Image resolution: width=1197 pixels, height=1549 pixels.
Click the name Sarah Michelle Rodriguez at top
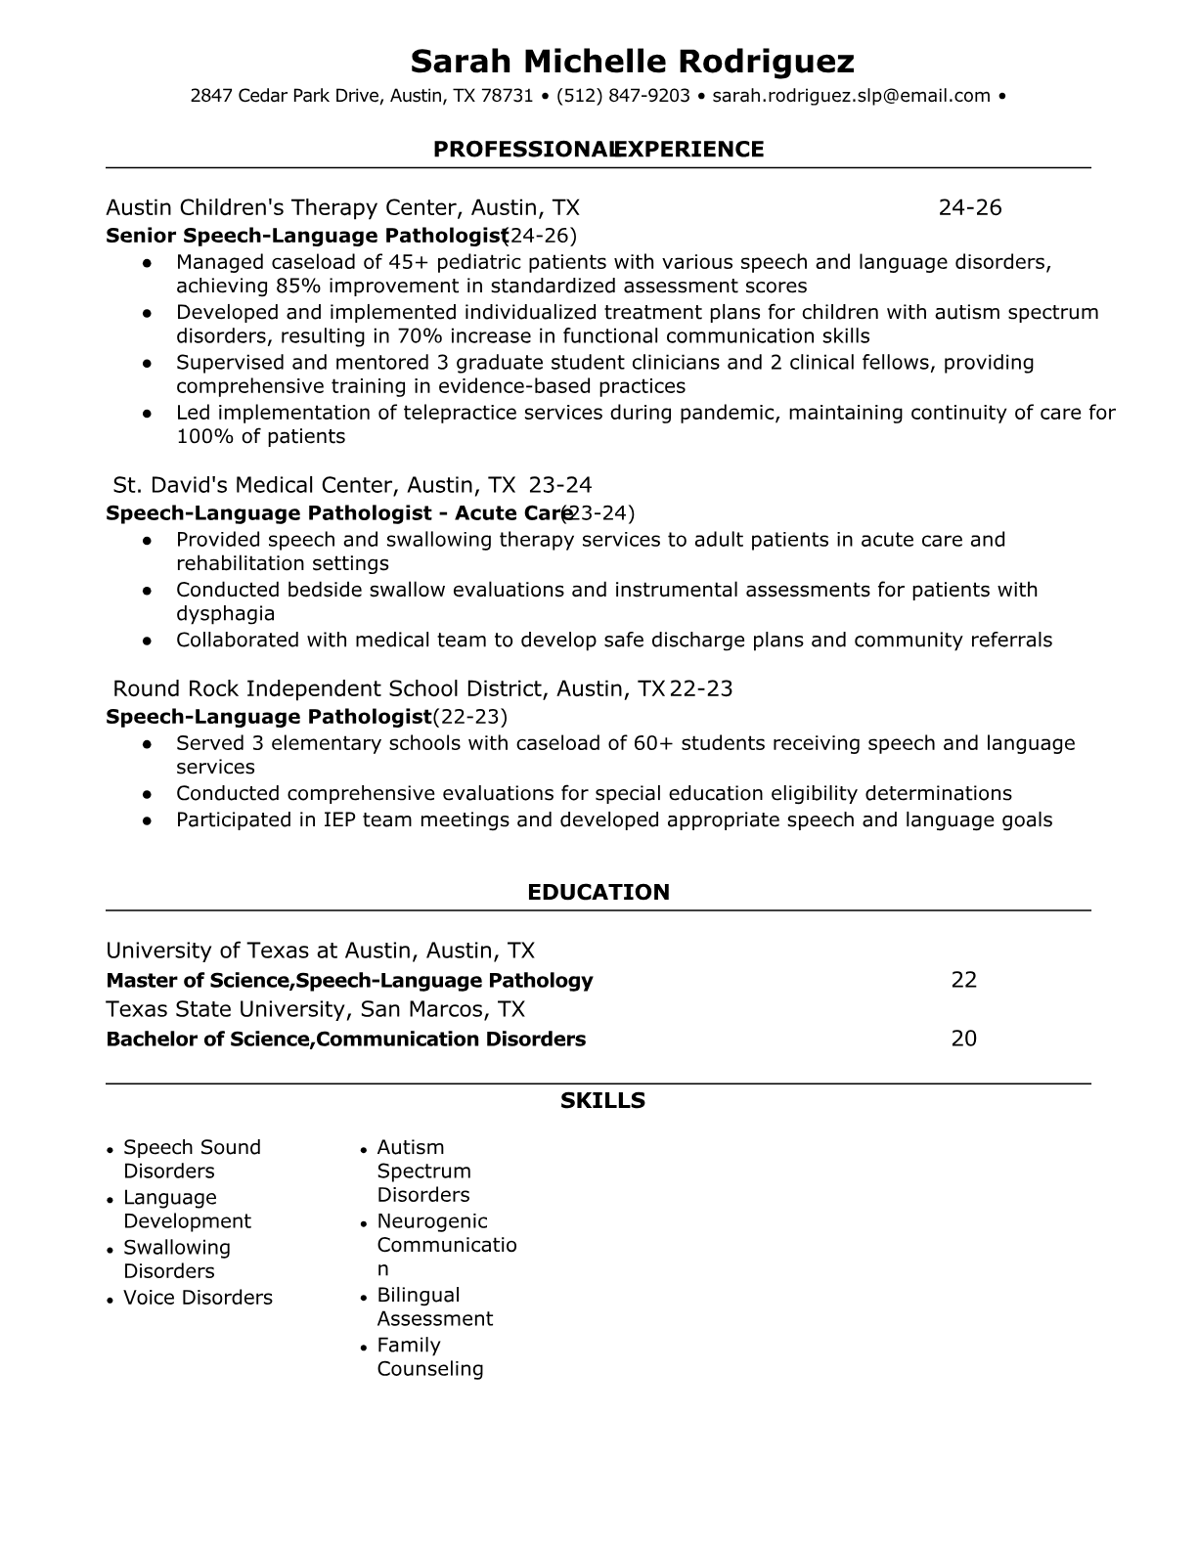click(632, 62)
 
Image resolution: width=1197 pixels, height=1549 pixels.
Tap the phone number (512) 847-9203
click(623, 96)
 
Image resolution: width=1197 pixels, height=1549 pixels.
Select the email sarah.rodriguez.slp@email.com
click(851, 96)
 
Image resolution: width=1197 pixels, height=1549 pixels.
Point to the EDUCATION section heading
click(598, 892)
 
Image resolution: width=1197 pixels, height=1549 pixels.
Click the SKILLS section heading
click(602, 1101)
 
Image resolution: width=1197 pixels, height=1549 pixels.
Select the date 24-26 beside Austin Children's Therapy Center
click(970, 207)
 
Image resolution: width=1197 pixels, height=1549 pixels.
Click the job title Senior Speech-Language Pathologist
click(306, 236)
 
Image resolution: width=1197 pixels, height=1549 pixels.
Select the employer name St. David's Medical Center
click(253, 485)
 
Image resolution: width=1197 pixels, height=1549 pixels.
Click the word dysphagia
click(225, 614)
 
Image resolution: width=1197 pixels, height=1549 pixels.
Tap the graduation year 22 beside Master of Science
click(964, 980)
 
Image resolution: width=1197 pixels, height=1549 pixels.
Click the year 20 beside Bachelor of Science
click(964, 1039)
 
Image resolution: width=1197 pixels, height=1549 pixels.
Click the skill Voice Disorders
click(198, 1298)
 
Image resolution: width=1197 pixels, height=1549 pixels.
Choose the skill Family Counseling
click(430, 1357)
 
